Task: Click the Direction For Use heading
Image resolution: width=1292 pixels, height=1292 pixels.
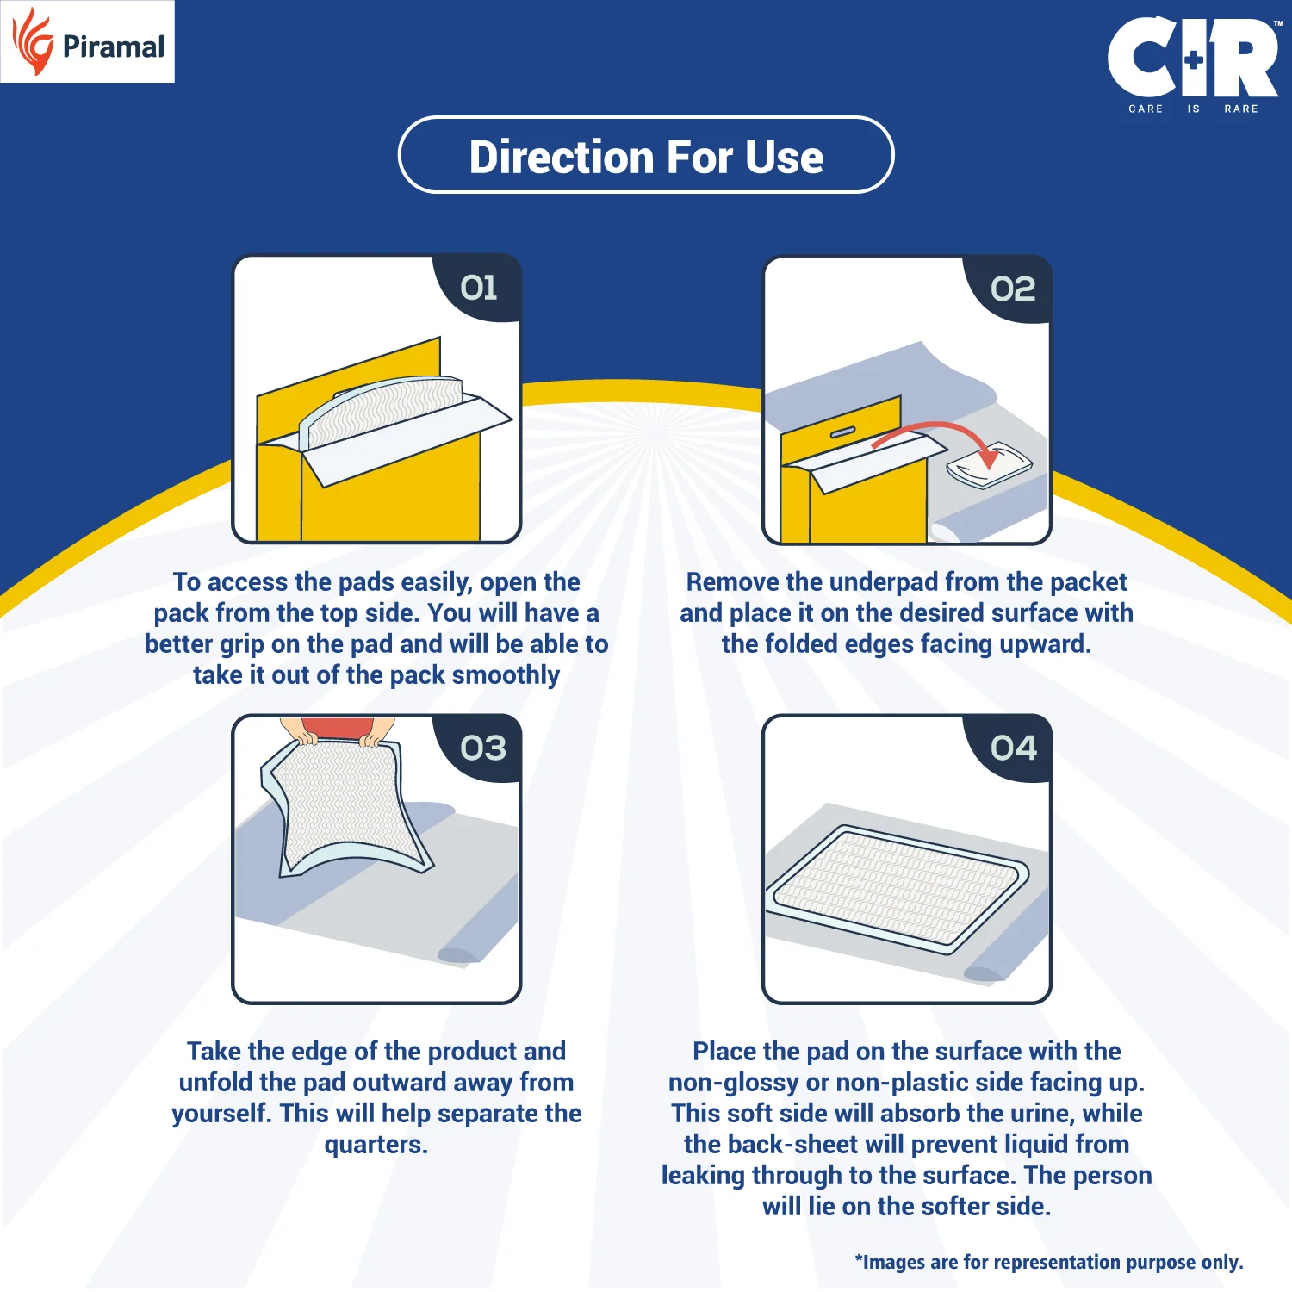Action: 646,157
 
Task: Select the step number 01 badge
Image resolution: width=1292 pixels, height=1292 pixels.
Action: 479,288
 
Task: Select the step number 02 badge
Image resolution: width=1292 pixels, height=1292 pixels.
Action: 1013,289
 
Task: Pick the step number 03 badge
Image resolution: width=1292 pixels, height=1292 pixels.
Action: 483,748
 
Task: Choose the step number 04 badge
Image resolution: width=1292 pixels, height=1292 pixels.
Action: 1014,748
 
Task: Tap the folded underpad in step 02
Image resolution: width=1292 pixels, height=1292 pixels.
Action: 989,465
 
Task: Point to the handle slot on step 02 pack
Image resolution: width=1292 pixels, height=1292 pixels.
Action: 842,432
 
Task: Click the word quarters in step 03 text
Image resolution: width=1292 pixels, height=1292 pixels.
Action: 376,1145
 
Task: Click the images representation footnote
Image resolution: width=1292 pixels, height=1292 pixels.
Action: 1048,1262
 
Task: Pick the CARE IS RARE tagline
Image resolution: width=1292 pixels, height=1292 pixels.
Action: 1193,109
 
